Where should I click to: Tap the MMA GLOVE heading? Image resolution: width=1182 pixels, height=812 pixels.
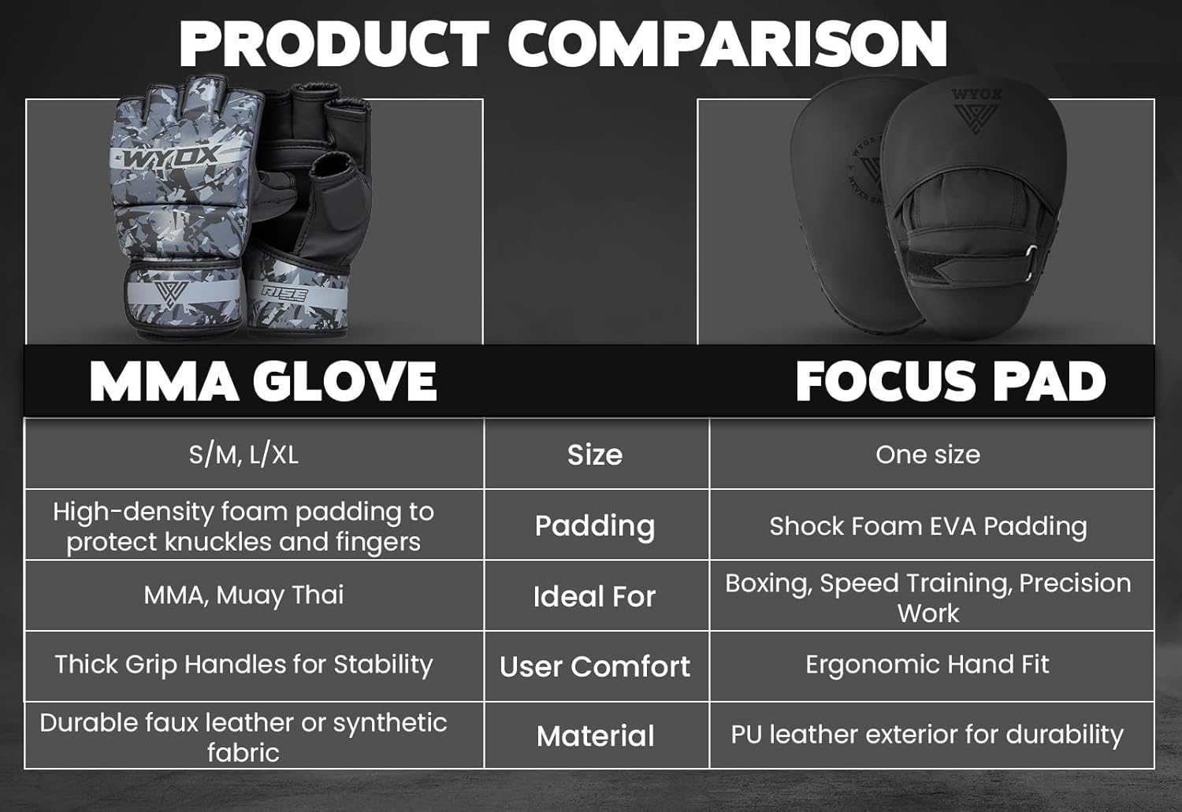(263, 382)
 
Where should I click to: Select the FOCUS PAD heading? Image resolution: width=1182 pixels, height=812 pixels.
(950, 382)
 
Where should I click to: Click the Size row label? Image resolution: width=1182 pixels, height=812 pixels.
(595, 455)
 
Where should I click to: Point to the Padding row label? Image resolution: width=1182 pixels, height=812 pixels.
(595, 526)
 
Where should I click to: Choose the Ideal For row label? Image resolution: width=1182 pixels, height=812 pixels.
(595, 597)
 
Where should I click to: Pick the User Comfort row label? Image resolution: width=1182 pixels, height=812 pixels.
(595, 667)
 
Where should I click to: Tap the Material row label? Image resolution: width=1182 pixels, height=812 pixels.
(595, 736)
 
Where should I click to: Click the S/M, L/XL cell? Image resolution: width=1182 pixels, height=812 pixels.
(243, 454)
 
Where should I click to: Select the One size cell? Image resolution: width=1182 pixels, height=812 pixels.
(927, 454)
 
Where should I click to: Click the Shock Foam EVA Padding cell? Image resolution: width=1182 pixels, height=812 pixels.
(927, 526)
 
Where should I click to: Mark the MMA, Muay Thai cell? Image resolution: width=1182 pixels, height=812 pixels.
(243, 595)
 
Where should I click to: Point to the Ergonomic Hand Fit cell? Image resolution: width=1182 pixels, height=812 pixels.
(927, 665)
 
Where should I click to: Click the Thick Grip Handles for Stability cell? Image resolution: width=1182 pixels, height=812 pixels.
(243, 665)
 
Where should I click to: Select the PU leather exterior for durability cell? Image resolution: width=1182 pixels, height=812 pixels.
(927, 735)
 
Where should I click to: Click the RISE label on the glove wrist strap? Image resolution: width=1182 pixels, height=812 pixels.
(284, 293)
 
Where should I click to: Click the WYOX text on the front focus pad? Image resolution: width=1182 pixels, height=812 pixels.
(976, 95)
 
